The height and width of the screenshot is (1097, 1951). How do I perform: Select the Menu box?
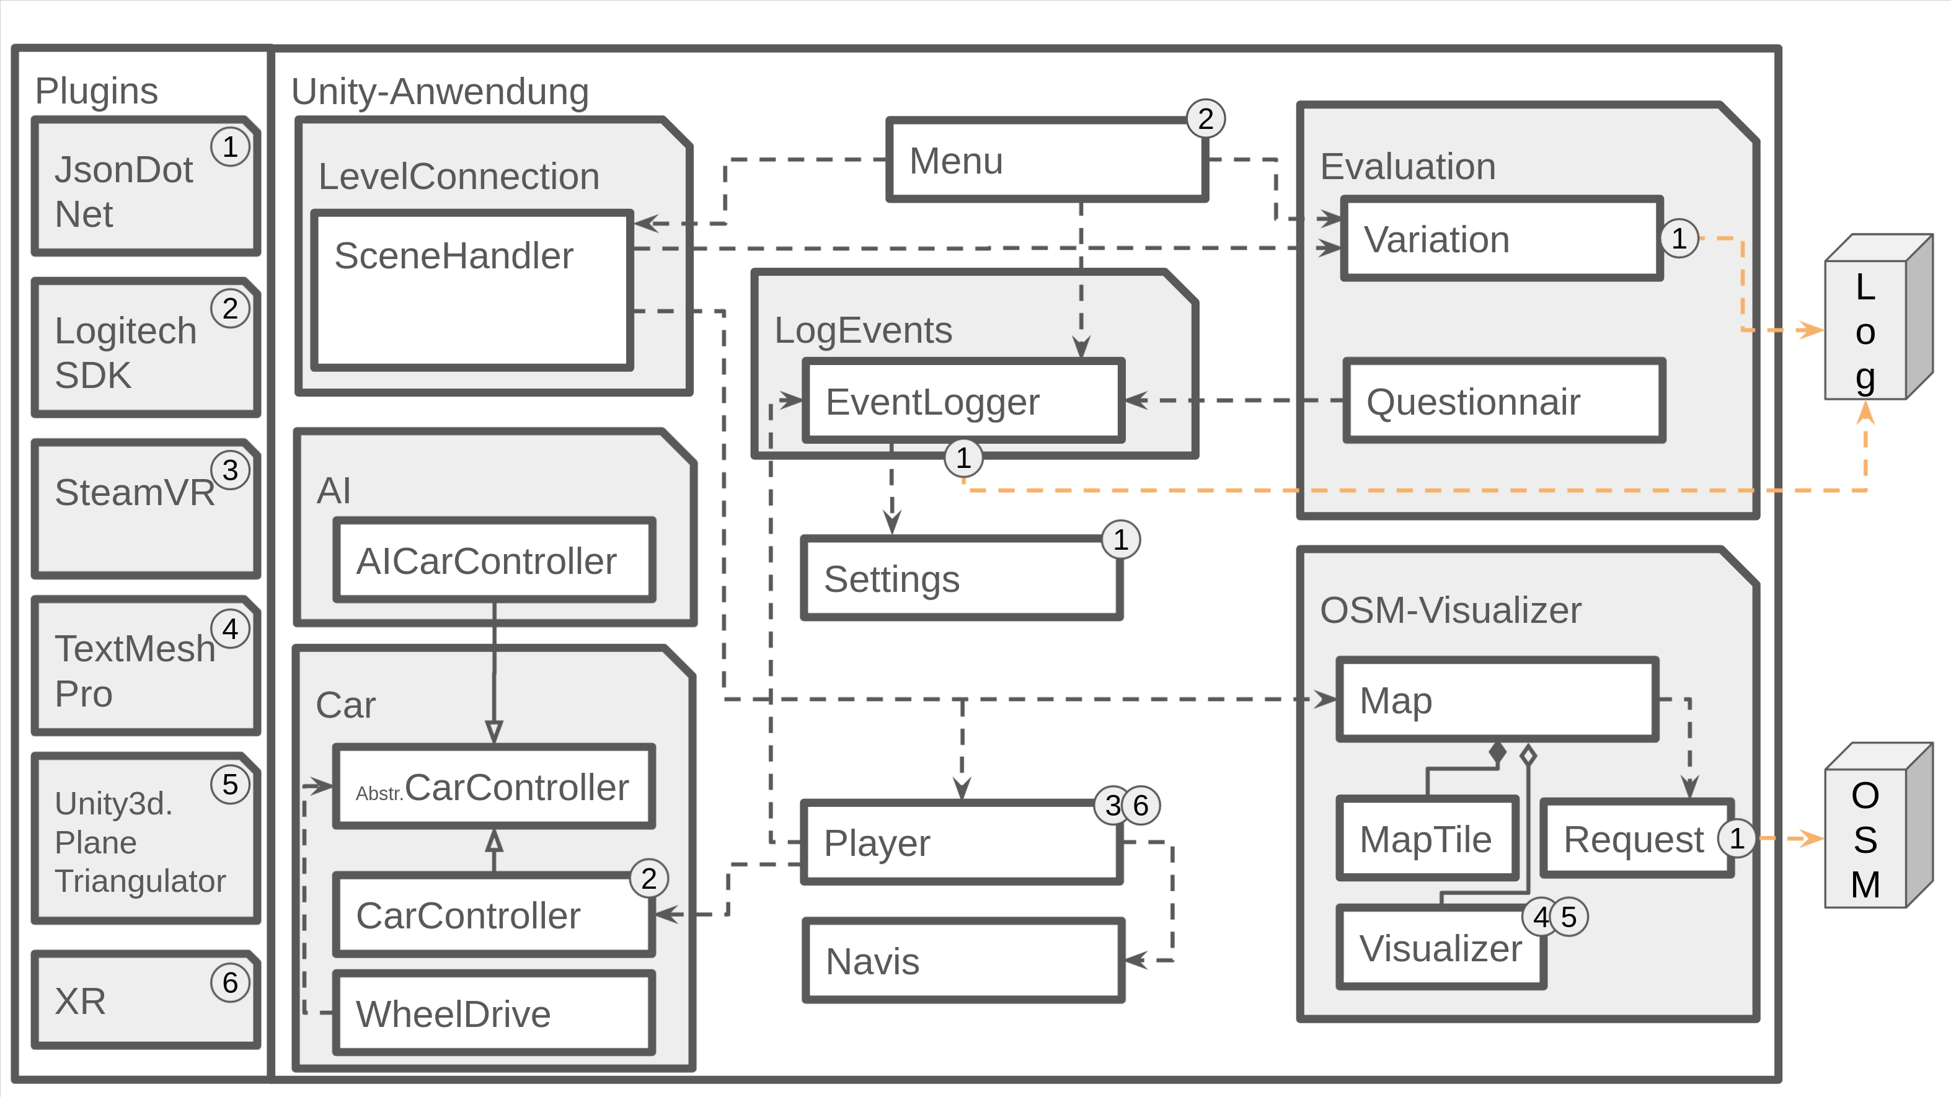coord(1046,161)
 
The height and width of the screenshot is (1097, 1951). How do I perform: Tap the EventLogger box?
coord(963,401)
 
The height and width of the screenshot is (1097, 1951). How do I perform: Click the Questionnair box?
coord(1503,401)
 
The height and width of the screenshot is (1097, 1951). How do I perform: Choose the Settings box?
coord(961,579)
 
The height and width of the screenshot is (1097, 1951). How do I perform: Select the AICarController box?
coord(494,561)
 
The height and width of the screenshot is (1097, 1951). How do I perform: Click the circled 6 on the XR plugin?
coord(230,983)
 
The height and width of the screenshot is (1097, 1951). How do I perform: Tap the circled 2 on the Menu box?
coord(1205,119)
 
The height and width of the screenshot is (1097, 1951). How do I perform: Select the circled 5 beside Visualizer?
coord(1568,917)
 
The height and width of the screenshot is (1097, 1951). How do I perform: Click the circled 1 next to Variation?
coord(1679,239)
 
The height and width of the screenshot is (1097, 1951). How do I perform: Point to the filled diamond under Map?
coord(1497,753)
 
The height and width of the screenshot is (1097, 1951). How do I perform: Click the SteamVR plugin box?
coord(146,509)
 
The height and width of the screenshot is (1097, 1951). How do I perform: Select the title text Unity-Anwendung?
coord(440,92)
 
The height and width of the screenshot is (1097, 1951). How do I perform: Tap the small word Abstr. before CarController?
coord(379,793)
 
